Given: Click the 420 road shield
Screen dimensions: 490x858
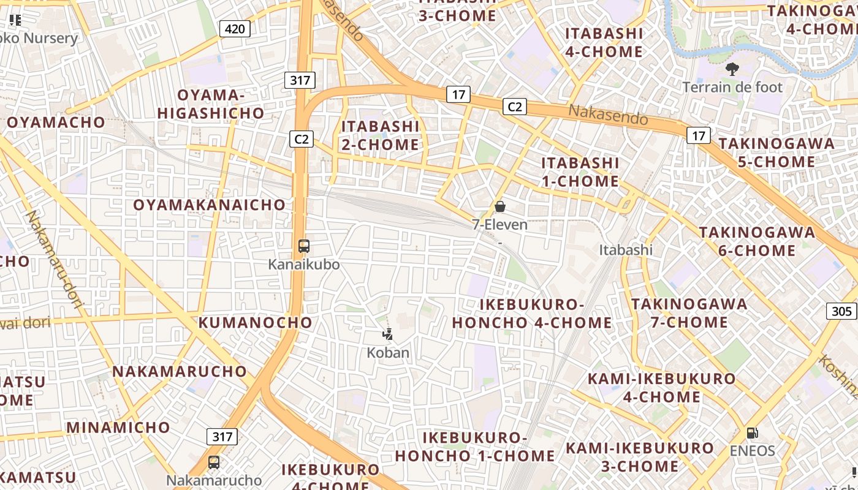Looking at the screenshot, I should click(235, 28).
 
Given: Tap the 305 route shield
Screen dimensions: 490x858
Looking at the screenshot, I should click(841, 311).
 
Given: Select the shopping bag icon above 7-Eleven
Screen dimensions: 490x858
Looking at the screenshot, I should click(500, 206).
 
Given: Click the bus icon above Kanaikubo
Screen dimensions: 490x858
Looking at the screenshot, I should click(304, 246).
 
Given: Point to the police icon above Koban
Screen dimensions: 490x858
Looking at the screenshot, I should click(387, 334).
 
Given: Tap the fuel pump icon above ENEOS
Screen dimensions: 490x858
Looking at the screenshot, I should click(752, 433).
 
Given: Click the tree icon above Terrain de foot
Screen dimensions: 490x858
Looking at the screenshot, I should click(732, 69).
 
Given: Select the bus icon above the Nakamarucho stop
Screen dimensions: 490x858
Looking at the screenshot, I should click(214, 462).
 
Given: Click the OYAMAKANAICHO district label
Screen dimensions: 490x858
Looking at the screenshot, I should click(210, 205).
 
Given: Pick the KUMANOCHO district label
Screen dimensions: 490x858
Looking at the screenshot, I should click(256, 322).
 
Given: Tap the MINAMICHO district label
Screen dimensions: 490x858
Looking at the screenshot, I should click(118, 427).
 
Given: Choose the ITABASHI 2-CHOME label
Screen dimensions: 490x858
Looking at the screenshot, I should click(381, 135).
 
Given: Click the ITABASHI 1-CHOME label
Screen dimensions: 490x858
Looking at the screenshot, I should click(580, 172).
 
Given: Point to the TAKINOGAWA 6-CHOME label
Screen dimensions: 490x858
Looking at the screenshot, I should click(757, 241).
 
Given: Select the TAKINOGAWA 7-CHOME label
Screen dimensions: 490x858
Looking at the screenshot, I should click(689, 313).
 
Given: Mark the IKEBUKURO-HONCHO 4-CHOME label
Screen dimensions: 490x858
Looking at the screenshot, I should click(532, 314).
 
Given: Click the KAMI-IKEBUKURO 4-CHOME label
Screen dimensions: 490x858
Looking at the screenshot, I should click(662, 388).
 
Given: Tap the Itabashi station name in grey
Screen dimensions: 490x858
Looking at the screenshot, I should click(626, 250).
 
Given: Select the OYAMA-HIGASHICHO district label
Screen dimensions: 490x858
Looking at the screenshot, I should click(211, 104).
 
